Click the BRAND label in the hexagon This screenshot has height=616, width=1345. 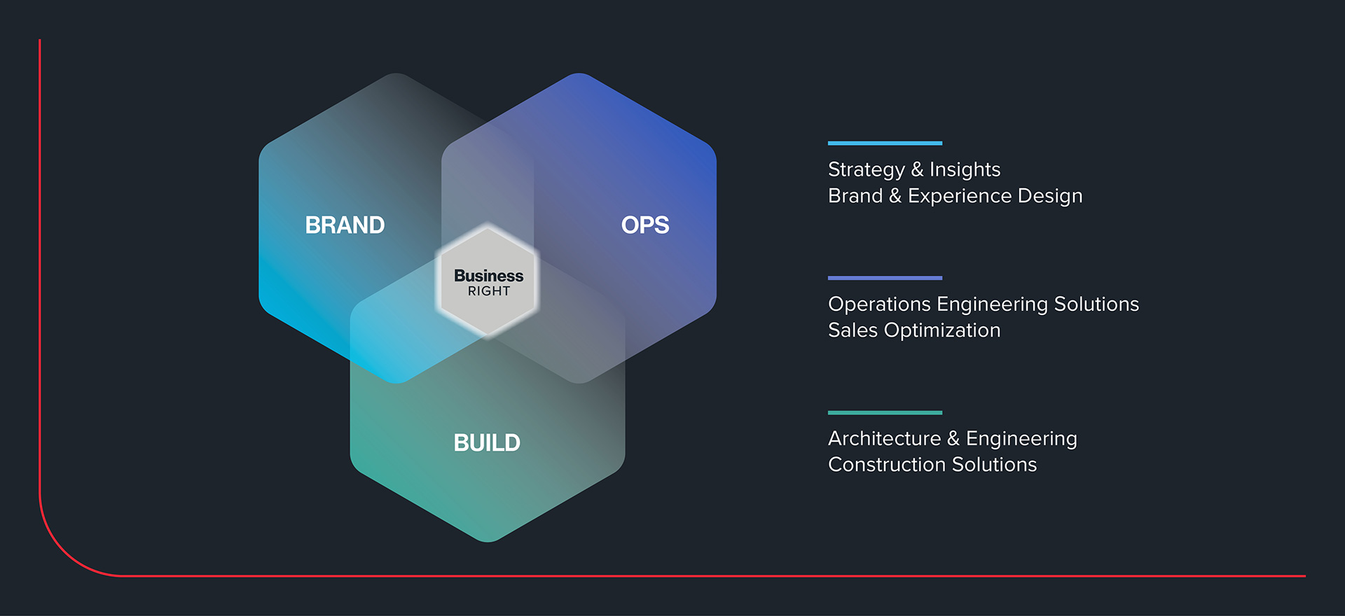click(345, 225)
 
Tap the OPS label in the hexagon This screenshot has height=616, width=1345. click(644, 225)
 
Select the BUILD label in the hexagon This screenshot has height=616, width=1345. click(487, 443)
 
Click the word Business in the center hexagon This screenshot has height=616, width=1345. click(488, 276)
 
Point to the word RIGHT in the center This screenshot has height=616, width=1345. click(489, 291)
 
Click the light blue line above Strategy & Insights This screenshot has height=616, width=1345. click(885, 143)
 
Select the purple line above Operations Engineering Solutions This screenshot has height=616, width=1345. click(885, 278)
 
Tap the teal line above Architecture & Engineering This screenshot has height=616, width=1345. click(885, 413)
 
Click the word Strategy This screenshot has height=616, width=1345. click(866, 170)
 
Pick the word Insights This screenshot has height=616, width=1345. click(965, 170)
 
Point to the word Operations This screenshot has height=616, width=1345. click(879, 304)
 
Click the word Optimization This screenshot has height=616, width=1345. click(942, 330)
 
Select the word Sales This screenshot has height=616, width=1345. click(853, 330)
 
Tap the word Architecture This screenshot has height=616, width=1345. click(884, 439)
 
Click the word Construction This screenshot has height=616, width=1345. click(886, 465)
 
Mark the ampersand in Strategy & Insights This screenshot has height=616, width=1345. click(917, 170)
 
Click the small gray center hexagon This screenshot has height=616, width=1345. click(488, 308)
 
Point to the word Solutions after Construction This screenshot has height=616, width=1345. click(994, 465)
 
